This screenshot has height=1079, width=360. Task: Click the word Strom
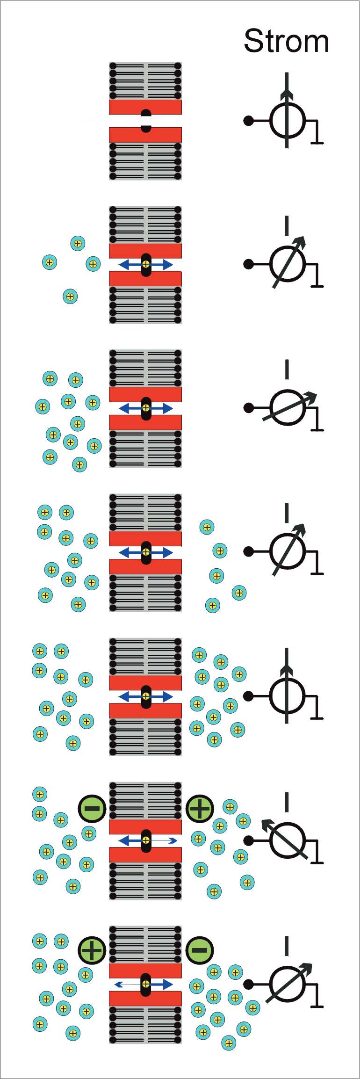(x=286, y=41)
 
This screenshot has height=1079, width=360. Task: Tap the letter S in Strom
(x=253, y=41)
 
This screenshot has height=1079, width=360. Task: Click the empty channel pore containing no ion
(x=146, y=121)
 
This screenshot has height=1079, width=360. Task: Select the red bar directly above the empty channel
(x=145, y=107)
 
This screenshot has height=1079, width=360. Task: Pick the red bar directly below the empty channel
(x=145, y=135)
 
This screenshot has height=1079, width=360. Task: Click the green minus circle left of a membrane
(x=92, y=808)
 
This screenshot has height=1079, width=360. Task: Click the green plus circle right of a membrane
(x=200, y=808)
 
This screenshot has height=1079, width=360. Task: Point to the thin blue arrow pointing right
(x=165, y=840)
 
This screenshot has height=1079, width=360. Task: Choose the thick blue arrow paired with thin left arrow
(x=163, y=984)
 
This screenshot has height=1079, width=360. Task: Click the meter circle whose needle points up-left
(x=287, y=840)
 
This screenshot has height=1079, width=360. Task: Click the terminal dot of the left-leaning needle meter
(x=248, y=840)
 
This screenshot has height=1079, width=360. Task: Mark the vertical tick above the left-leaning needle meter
(x=287, y=802)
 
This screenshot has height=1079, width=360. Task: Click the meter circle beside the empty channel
(x=287, y=121)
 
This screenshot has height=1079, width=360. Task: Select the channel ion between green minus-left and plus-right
(x=146, y=840)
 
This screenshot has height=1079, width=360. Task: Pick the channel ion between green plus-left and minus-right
(x=146, y=984)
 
